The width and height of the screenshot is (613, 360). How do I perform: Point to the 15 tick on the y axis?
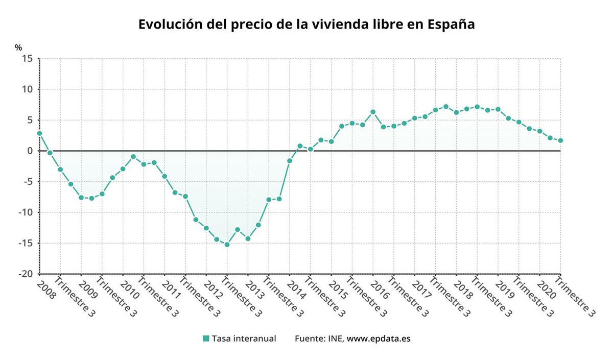click(28, 59)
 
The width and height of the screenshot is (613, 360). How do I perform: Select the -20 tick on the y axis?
click(26, 274)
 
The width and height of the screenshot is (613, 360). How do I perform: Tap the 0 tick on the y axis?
click(30, 151)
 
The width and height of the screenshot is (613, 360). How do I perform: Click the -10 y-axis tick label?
click(26, 212)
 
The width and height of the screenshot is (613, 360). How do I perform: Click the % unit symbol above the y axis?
click(18, 47)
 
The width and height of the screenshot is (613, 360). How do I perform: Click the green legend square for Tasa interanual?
click(206, 339)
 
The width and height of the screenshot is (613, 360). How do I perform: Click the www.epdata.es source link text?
click(379, 339)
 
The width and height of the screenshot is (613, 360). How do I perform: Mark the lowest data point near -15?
click(227, 245)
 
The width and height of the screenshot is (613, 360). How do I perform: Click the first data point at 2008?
click(39, 133)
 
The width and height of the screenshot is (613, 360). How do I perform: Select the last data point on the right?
click(560, 140)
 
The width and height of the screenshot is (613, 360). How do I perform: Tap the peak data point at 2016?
click(373, 112)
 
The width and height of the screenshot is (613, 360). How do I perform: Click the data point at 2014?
click(290, 161)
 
